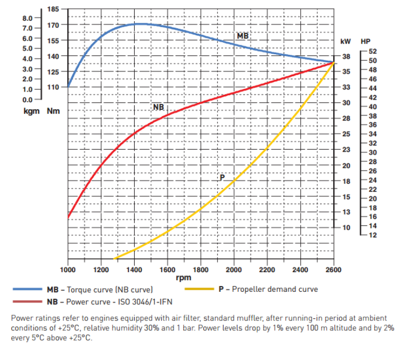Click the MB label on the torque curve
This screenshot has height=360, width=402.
pyautogui.click(x=243, y=36)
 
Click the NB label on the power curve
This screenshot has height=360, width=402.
pyautogui.click(x=158, y=107)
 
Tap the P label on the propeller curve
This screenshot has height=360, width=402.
pyautogui.click(x=222, y=177)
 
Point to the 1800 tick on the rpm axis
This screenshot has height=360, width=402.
pyautogui.click(x=201, y=270)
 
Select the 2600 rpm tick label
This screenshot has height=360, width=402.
pyautogui.click(x=334, y=270)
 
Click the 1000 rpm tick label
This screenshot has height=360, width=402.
pyautogui.click(x=68, y=270)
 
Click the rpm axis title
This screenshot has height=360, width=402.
pyautogui.click(x=183, y=277)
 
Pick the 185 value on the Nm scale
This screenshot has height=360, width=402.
pyautogui.click(x=53, y=10)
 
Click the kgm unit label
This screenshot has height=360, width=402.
pyautogui.click(x=26, y=111)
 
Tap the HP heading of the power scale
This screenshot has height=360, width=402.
pyautogui.click(x=366, y=41)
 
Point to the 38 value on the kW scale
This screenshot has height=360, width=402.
pyautogui.click(x=346, y=56)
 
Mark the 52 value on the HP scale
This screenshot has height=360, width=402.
pyautogui.click(x=373, y=51)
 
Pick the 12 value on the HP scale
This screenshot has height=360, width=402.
pyautogui.click(x=373, y=235)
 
